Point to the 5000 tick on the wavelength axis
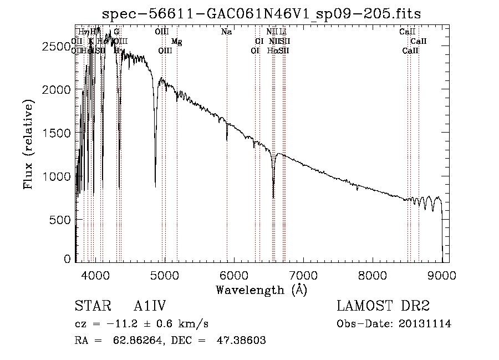pyautogui.click(x=165, y=275)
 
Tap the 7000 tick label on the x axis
pyautogui.click(x=303, y=275)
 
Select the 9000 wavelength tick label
pyautogui.click(x=442, y=275)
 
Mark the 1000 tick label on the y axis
pyautogui.click(x=55, y=176)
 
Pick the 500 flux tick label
pyautogui.click(x=60, y=220)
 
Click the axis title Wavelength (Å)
pyautogui.click(x=261, y=290)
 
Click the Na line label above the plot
pyautogui.click(x=226, y=32)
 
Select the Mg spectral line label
pyautogui.click(x=176, y=42)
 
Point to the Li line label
pyautogui.click(x=283, y=32)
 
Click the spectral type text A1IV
pyautogui.click(x=150, y=306)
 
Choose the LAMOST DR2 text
pyautogui.click(x=383, y=306)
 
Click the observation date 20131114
pyautogui.click(x=426, y=324)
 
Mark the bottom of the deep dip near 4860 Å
pyautogui.click(x=155, y=186)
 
